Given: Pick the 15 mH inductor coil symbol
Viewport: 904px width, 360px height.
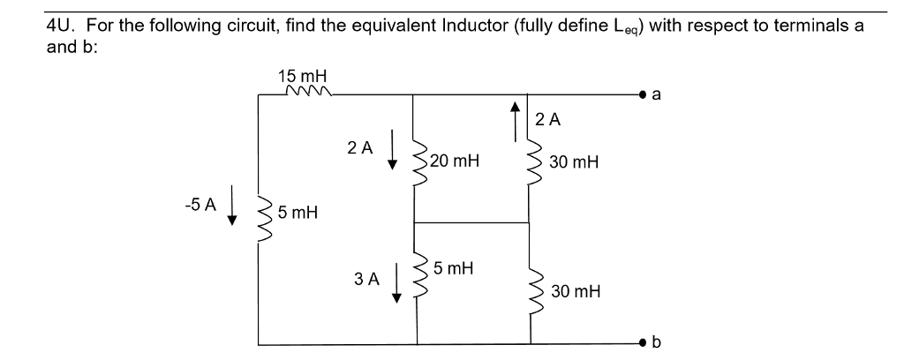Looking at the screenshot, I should [x=304, y=89].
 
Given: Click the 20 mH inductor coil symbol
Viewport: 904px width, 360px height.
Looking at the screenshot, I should [x=415, y=161].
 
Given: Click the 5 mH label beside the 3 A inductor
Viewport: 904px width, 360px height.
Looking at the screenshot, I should [x=452, y=268].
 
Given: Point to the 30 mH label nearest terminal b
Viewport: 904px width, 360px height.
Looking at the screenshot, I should [x=574, y=290].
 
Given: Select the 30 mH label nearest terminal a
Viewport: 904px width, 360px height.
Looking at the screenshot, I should [x=574, y=162].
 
